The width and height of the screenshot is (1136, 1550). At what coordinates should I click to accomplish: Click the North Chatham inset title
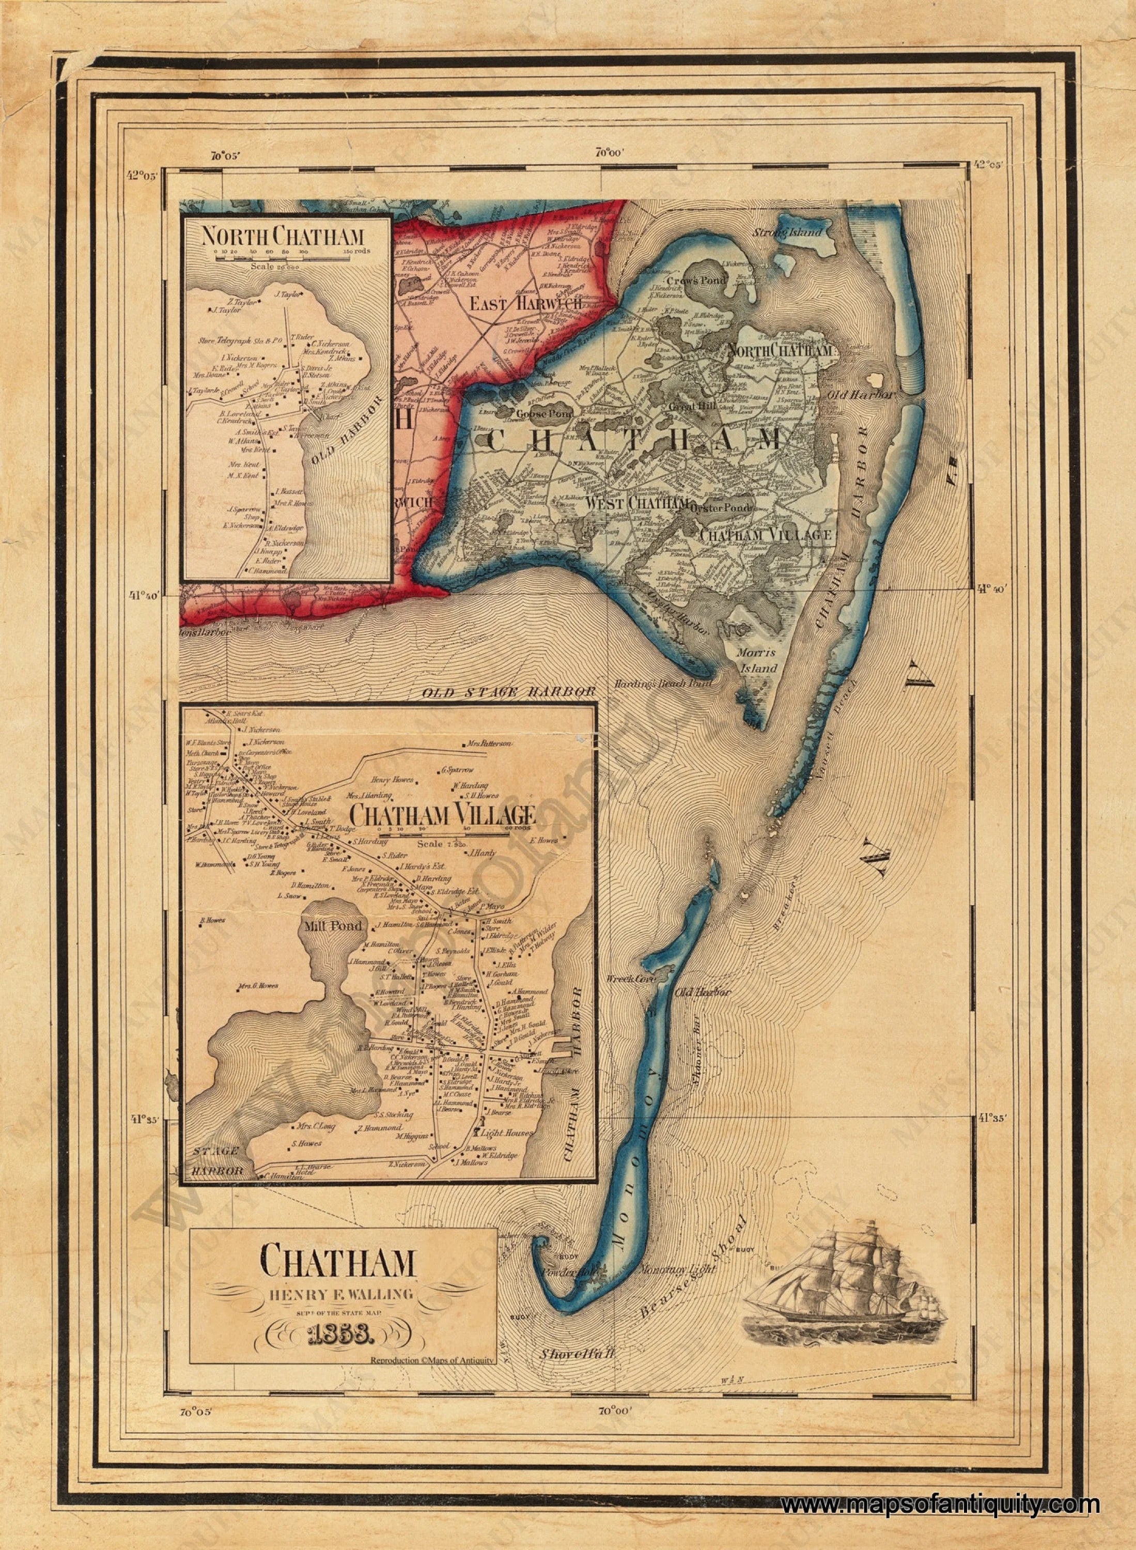(282, 237)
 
